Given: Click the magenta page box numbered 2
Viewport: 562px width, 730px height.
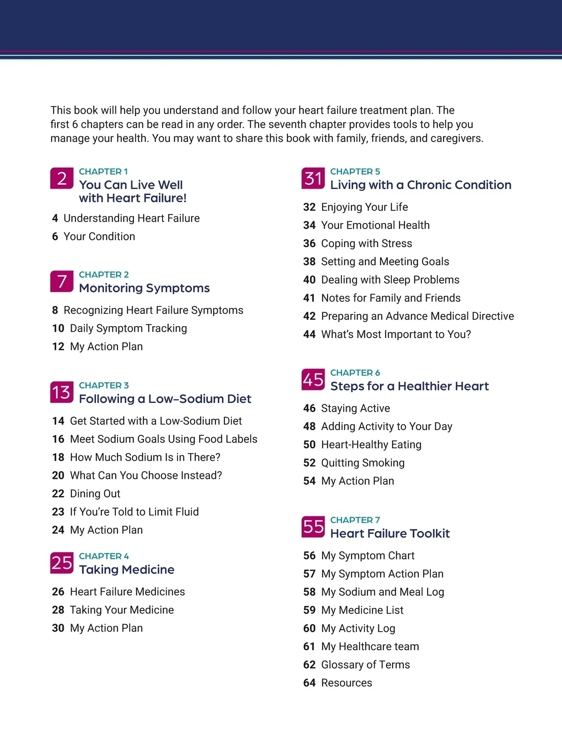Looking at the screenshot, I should [62, 179].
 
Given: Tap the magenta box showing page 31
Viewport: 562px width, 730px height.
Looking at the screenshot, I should [313, 179].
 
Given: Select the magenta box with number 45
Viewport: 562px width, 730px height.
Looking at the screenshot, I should [313, 380].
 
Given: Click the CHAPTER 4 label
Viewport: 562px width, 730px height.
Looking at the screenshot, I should [104, 556].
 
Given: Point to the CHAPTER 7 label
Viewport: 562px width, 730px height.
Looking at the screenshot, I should [355, 520].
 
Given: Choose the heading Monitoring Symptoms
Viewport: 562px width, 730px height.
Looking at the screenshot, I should [144, 288].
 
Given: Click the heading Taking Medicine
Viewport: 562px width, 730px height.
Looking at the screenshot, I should [126, 570].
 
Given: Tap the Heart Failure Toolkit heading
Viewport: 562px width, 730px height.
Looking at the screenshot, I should [390, 534].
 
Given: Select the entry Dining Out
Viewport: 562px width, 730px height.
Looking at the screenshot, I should [95, 494].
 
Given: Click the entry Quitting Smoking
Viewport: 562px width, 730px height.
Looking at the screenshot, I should [362, 463].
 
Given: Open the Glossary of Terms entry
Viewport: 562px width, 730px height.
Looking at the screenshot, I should [365, 665].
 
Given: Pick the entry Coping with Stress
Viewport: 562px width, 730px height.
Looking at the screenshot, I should [366, 244].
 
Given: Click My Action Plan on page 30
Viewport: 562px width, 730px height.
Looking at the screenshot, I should [106, 628].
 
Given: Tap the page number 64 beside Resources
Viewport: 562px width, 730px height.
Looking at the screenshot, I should [309, 683].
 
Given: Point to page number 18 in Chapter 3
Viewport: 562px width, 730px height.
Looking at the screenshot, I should [58, 457].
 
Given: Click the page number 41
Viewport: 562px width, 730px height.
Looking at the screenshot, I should [309, 298].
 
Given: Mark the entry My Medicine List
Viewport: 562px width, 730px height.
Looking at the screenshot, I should [362, 610].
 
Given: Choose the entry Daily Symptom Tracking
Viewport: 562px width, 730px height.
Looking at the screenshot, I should [128, 328].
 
